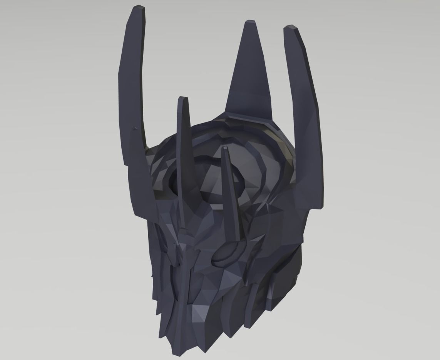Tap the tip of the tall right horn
291,28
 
